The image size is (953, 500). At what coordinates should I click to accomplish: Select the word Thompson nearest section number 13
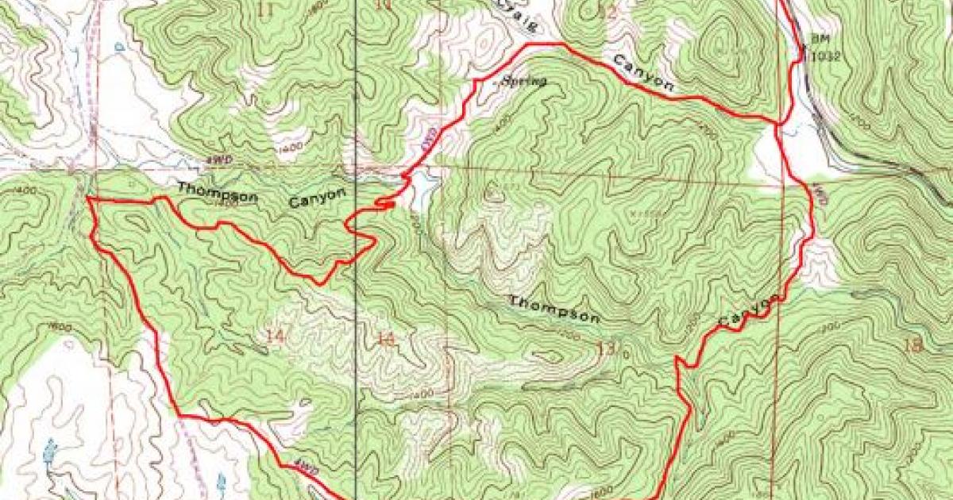tap(554, 310)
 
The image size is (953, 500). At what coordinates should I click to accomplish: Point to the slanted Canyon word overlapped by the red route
tap(748, 310)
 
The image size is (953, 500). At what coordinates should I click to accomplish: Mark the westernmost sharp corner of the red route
tap(87, 199)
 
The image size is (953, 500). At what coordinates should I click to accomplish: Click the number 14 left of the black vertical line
tap(275, 336)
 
